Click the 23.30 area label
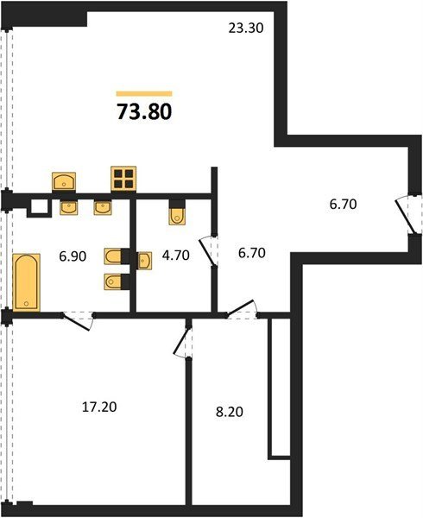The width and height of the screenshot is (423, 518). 246,28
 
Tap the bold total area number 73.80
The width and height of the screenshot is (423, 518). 144,111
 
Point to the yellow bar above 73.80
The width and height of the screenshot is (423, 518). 144,94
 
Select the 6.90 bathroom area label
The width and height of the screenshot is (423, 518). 73,256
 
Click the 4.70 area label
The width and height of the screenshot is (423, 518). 175,255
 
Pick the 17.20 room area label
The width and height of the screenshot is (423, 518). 99,407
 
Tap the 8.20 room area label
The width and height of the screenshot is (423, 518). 229,412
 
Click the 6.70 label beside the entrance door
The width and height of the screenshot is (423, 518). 343,204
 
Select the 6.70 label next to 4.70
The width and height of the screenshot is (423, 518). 251,253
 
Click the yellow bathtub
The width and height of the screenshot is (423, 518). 27,281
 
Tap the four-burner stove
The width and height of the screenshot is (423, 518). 123,179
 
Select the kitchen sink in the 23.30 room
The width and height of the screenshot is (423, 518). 64,181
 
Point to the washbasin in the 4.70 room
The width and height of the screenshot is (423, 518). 145,261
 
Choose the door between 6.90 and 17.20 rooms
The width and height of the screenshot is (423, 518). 78,319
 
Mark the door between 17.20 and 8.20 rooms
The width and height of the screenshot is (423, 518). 183,342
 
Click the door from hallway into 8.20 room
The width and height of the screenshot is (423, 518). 242,308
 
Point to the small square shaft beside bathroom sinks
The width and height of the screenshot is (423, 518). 40,208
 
